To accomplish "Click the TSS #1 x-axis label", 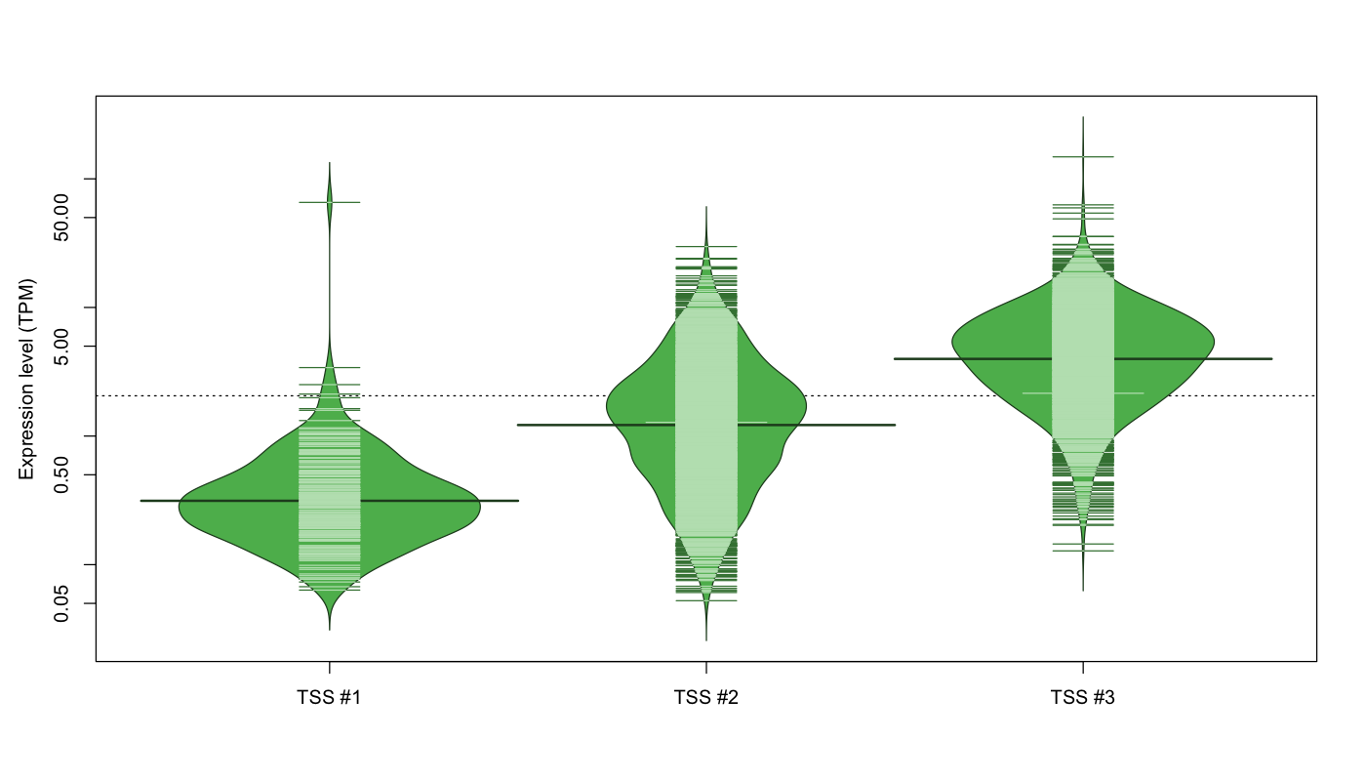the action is coord(330,697).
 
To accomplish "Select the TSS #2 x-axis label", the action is coord(706,697).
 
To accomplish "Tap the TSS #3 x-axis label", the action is coord(1083,697).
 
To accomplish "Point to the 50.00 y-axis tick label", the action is coord(61,218).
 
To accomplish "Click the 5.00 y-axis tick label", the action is coord(61,347).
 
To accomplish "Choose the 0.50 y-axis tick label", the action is coord(61,474).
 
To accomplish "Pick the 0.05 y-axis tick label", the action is coord(61,603).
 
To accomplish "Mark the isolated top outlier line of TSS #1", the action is coord(330,202).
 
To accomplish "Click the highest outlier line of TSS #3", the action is coord(1083,157).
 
